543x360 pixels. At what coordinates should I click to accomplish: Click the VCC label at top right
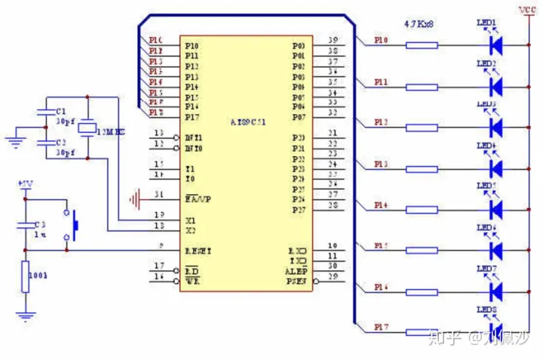point(527,10)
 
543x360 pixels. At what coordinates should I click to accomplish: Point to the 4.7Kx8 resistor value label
point(419,24)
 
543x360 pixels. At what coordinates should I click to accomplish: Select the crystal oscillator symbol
point(88,128)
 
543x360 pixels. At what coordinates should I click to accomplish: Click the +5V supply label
point(25,184)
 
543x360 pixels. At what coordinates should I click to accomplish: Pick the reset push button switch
point(74,223)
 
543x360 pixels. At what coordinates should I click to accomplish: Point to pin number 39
point(333,40)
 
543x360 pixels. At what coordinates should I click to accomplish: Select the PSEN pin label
point(296,282)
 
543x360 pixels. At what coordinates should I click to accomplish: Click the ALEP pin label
point(296,270)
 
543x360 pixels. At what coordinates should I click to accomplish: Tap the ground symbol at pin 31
point(136,199)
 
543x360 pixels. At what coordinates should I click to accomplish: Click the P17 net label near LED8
point(382,327)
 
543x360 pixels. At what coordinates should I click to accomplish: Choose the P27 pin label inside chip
point(298,210)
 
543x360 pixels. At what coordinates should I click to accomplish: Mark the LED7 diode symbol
point(495,291)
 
